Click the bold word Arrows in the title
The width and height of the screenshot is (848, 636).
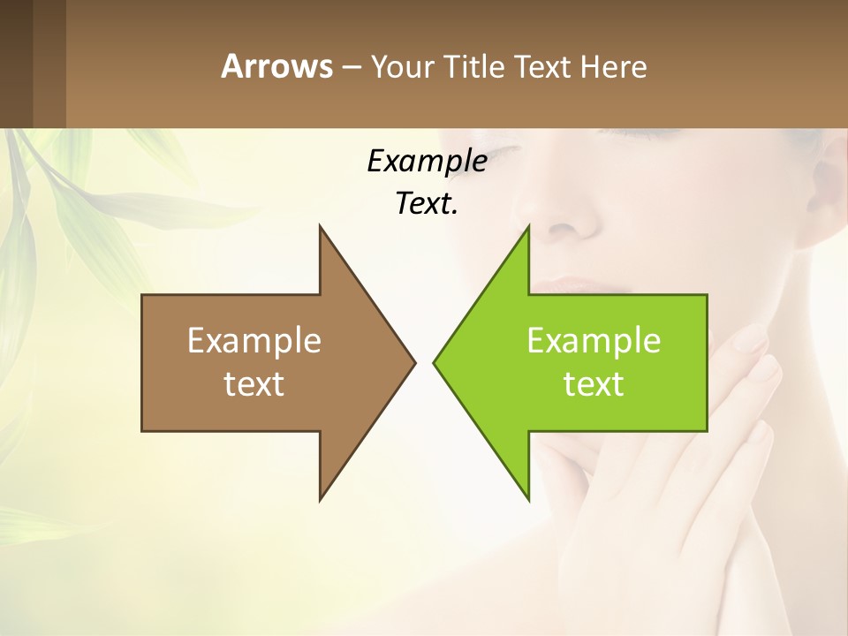276,66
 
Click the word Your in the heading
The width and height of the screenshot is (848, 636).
400,67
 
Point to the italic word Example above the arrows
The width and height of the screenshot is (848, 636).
427,162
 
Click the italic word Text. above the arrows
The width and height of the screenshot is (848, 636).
427,204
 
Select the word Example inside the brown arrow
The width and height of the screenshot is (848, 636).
254,341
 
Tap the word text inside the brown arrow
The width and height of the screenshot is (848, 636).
254,383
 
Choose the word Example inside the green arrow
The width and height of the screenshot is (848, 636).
594,341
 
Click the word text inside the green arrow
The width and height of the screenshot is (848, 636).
594,383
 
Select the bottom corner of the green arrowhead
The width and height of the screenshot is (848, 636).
528,499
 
